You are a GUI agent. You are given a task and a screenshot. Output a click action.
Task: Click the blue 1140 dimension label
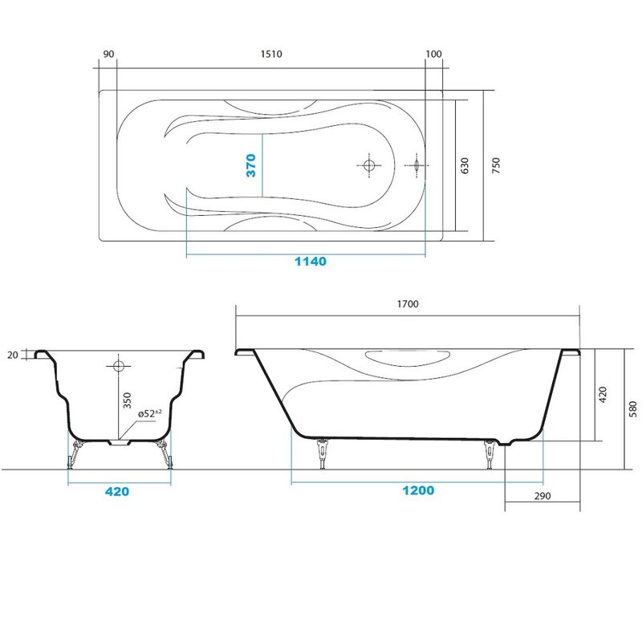coord(311,262)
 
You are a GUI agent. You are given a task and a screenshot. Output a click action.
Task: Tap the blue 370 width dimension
coord(251,165)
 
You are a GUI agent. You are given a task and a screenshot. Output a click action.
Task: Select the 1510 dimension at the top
coord(271,54)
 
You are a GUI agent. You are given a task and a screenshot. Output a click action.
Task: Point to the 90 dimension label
coord(109,54)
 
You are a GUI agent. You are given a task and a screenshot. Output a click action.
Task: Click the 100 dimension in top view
coord(433,54)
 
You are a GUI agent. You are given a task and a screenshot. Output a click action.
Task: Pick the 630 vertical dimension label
coord(465,165)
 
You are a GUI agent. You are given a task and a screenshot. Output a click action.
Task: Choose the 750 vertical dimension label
coord(496,165)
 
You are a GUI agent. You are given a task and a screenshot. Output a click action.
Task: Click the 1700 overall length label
coord(408,304)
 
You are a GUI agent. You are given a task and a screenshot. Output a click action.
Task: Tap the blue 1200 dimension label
coord(418,490)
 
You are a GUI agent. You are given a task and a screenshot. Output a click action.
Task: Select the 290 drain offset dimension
coord(542,496)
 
